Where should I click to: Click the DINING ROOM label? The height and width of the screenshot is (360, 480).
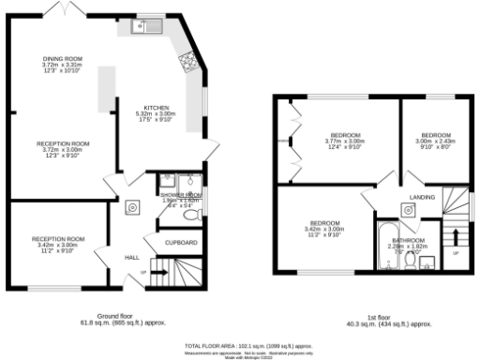pyautogui.click(x=63, y=59)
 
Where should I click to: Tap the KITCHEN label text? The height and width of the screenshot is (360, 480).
pyautogui.click(x=155, y=107)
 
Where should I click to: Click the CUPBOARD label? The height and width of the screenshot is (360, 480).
pyautogui.click(x=182, y=243)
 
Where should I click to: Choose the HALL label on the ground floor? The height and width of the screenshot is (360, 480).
pyautogui.click(x=132, y=256)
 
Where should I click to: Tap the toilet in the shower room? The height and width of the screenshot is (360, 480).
pyautogui.click(x=192, y=215)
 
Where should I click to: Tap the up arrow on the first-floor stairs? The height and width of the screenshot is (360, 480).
pyautogui.click(x=457, y=240)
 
